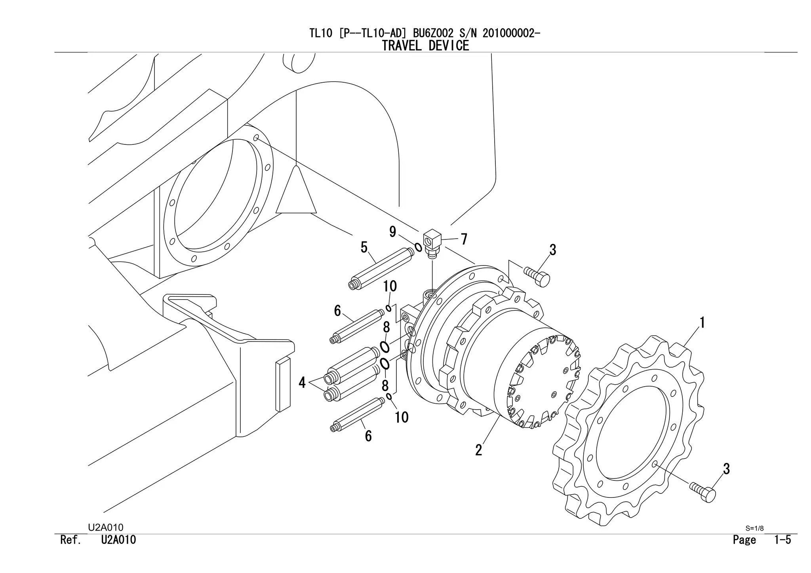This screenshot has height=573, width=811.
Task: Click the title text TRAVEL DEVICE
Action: (425, 46)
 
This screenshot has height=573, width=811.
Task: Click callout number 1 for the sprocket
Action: (702, 323)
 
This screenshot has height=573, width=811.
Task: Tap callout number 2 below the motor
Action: (478, 450)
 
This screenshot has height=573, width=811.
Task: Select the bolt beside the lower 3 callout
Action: (703, 492)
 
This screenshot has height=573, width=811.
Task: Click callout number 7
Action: (464, 239)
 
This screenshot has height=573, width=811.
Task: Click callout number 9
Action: (392, 232)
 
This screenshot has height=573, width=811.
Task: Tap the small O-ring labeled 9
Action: (418, 248)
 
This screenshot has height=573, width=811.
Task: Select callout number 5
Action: (364, 248)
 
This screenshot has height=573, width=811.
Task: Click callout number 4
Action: (302, 383)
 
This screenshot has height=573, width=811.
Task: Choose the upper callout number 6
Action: (337, 311)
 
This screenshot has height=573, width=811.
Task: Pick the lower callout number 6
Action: (368, 436)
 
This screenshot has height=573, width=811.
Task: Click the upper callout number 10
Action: (390, 286)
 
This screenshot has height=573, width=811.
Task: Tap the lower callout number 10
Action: (402, 417)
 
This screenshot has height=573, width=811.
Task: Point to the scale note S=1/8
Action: (754, 528)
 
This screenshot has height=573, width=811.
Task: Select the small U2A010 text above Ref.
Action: (105, 527)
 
